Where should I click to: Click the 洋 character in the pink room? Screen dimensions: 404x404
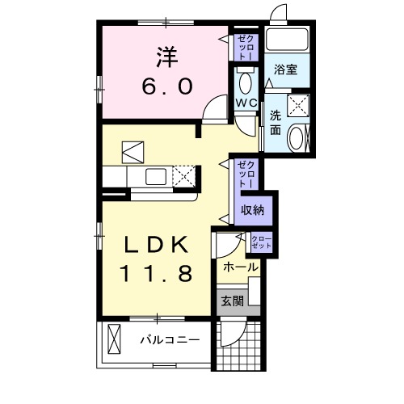pyautogui.click(x=166, y=57)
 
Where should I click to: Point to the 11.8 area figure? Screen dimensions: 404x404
pyautogui.click(x=158, y=274)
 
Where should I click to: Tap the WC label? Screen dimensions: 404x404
pyautogui.click(x=246, y=103)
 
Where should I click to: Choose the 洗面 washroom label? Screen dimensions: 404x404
pyautogui.click(x=276, y=122)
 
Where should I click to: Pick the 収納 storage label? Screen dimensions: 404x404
pyautogui.click(x=253, y=210)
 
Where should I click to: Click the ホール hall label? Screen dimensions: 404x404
pyautogui.click(x=240, y=267)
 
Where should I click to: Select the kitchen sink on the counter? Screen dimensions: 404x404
pyautogui.click(x=155, y=175)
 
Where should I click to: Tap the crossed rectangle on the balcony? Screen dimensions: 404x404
pyautogui.click(x=115, y=340)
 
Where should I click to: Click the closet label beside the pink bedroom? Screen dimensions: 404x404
pyautogui.click(x=244, y=45)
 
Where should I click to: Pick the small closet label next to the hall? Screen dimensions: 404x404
pyautogui.click(x=261, y=240)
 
